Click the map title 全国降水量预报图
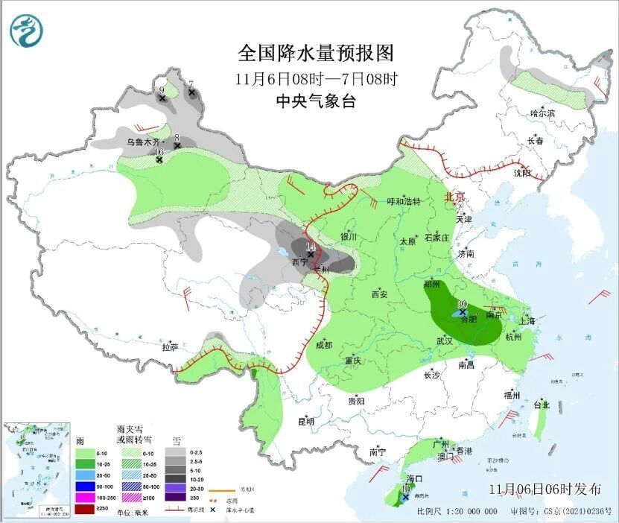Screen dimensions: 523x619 coord(315,54)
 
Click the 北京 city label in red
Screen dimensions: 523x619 coord(454,197)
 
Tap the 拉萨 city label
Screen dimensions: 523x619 coord(170,346)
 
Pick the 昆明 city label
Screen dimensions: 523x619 coord(306,421)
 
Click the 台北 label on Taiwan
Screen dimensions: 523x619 coord(541,405)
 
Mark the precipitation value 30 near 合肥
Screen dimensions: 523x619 coord(462,305)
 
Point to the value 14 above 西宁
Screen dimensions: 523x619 coord(311,247)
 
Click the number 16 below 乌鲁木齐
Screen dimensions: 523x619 coord(159,152)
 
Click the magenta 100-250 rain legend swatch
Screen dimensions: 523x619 coord(84,496)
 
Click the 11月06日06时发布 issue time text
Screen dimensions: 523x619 coord(545,489)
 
